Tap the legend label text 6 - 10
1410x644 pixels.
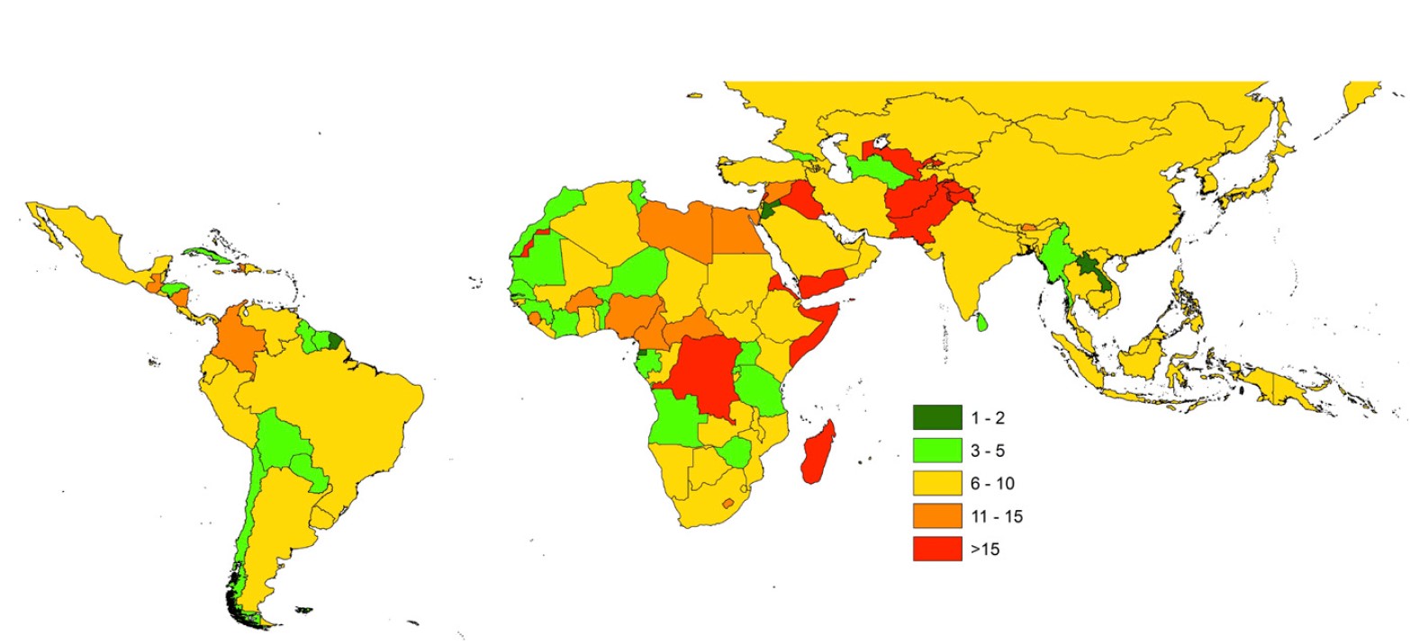tap(991, 483)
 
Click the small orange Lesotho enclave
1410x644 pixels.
tap(728, 503)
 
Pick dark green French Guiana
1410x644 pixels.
tap(336, 341)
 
